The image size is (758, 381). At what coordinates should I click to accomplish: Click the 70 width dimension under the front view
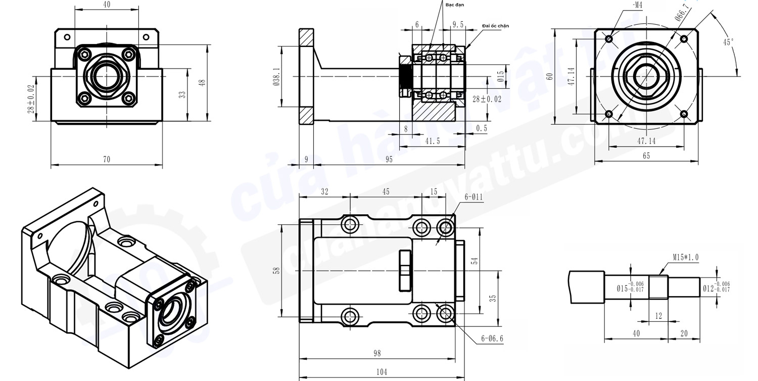pyautogui.click(x=106, y=159)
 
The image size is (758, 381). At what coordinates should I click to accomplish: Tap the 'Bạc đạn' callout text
pyautogui.click(x=454, y=5)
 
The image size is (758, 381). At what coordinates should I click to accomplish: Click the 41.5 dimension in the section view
pyautogui.click(x=432, y=141)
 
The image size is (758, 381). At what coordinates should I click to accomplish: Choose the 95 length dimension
pyautogui.click(x=389, y=159)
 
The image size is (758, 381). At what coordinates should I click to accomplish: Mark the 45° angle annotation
pyautogui.click(x=728, y=42)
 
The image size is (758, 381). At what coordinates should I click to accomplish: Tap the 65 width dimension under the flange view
pyautogui.click(x=646, y=156)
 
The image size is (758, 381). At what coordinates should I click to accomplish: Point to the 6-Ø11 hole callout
pyautogui.click(x=474, y=197)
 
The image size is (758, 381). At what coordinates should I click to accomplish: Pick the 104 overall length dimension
pyautogui.click(x=382, y=372)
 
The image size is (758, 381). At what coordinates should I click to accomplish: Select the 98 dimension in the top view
pyautogui.click(x=376, y=353)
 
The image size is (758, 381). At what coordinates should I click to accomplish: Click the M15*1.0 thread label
pyautogui.click(x=685, y=257)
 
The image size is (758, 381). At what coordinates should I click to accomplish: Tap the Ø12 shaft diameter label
pyautogui.click(x=708, y=288)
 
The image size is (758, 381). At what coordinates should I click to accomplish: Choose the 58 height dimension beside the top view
pyautogui.click(x=276, y=271)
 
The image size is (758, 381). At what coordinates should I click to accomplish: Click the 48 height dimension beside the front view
pyautogui.click(x=202, y=83)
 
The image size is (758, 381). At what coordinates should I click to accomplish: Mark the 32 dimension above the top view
pyautogui.click(x=324, y=192)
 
